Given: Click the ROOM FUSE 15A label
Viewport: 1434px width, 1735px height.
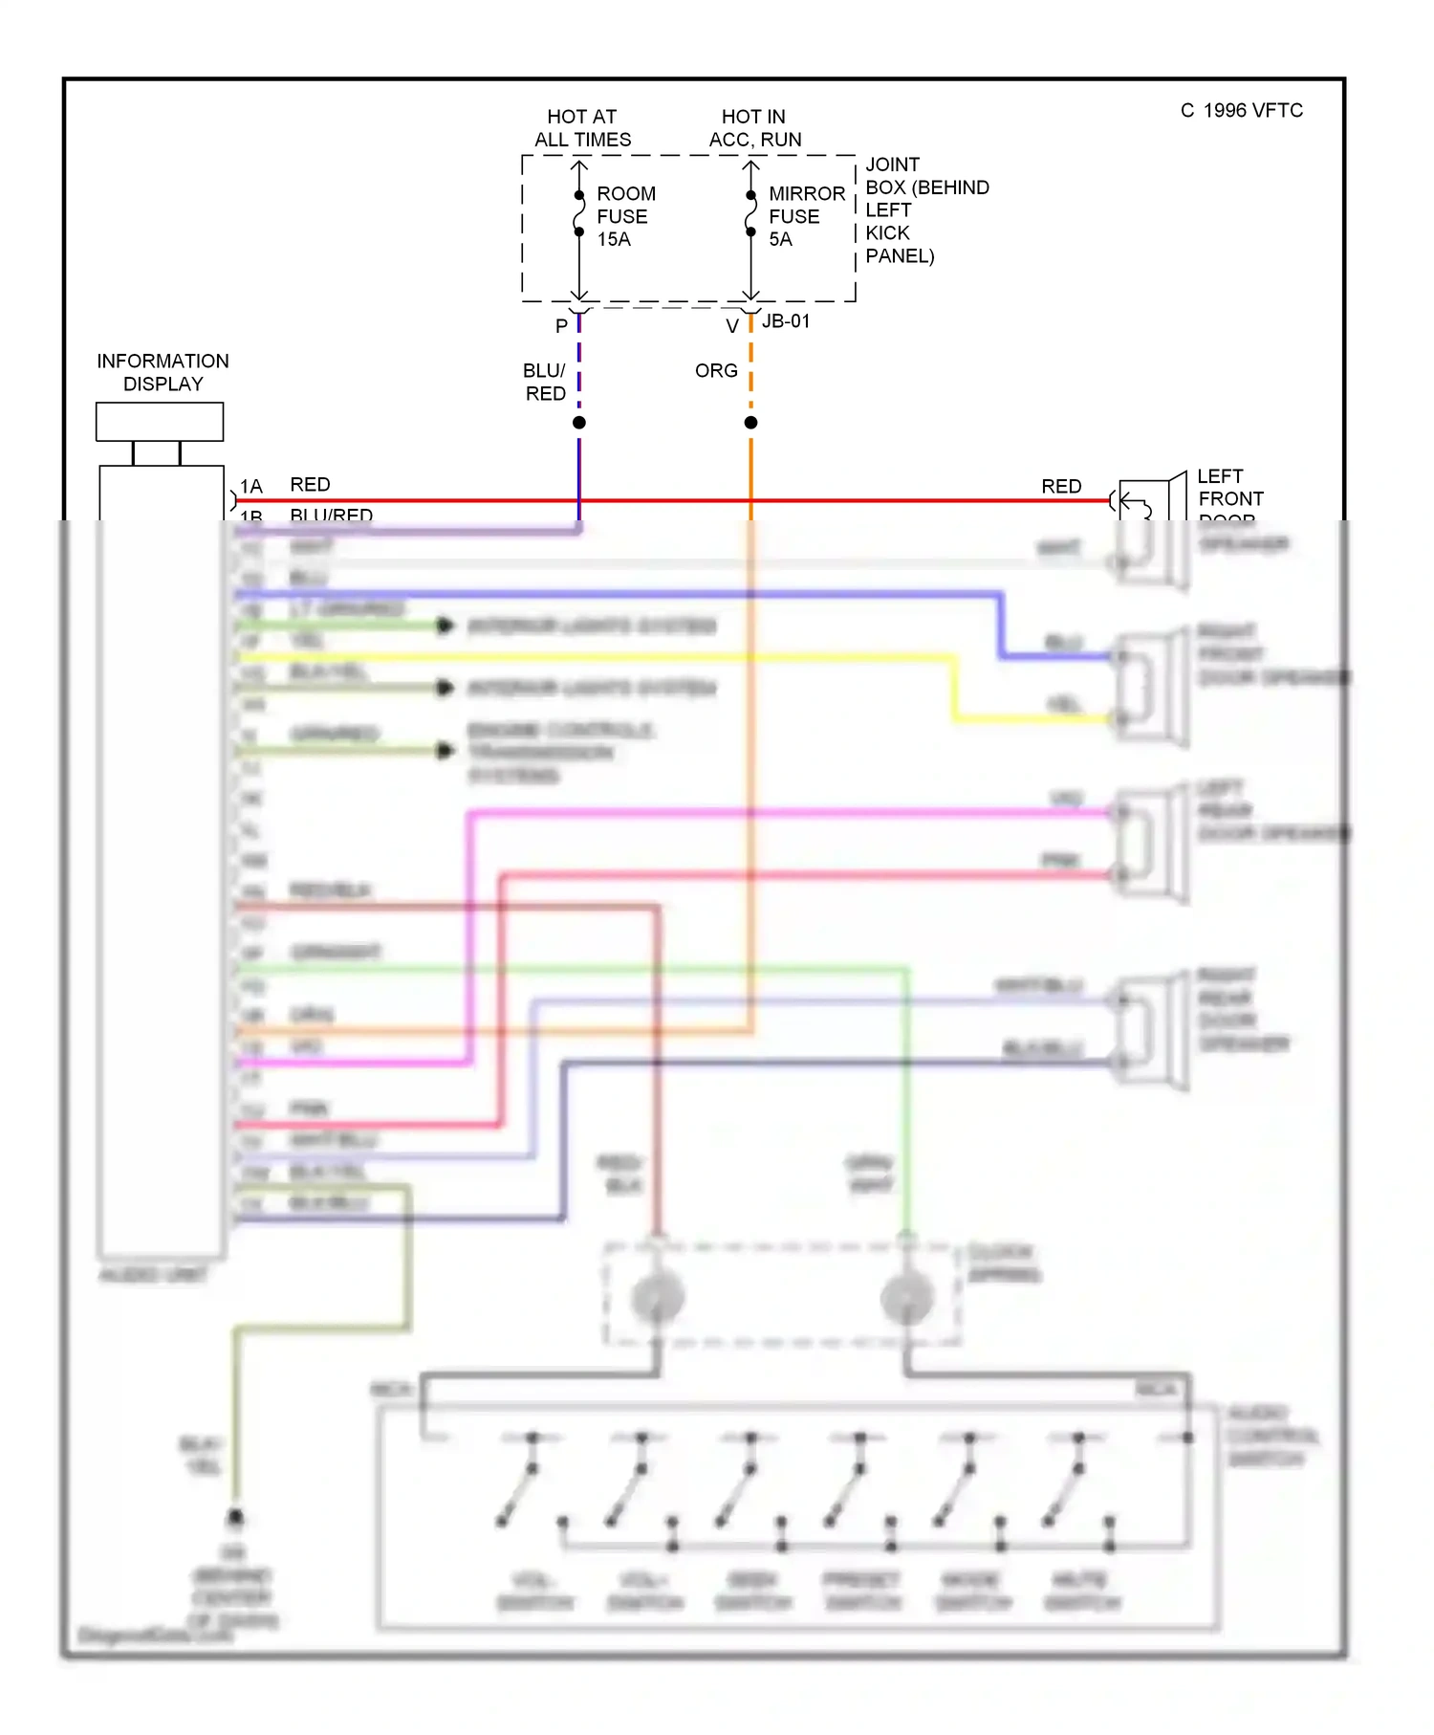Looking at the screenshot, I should click(625, 216).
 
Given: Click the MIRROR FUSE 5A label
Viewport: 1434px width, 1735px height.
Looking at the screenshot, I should click(805, 216).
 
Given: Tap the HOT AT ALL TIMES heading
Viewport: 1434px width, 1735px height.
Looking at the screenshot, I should click(582, 128).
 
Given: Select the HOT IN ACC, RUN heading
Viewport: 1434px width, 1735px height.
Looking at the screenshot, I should click(754, 128).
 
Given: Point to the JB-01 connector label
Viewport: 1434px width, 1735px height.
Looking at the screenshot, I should click(786, 321).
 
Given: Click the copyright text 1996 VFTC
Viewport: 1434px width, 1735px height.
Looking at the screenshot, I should click(1242, 111).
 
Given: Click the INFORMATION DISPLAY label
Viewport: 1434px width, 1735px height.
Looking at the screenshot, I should click(163, 372).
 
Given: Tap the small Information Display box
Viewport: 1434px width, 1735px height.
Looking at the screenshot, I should click(160, 422).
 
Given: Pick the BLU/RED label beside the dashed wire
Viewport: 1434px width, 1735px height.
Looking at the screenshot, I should click(545, 382).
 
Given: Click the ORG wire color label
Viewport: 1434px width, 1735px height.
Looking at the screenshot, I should click(716, 370).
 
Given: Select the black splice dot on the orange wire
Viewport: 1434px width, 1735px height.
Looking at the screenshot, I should click(751, 423).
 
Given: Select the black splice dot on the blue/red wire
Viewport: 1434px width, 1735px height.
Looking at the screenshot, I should click(579, 423).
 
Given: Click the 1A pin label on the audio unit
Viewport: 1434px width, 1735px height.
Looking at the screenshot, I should click(250, 486).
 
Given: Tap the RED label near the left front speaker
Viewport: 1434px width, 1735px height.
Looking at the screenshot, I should click(1061, 486).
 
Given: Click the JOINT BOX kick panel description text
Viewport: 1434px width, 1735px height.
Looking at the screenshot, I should click(924, 210).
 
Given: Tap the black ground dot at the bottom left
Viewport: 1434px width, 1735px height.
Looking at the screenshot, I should click(235, 1518).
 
